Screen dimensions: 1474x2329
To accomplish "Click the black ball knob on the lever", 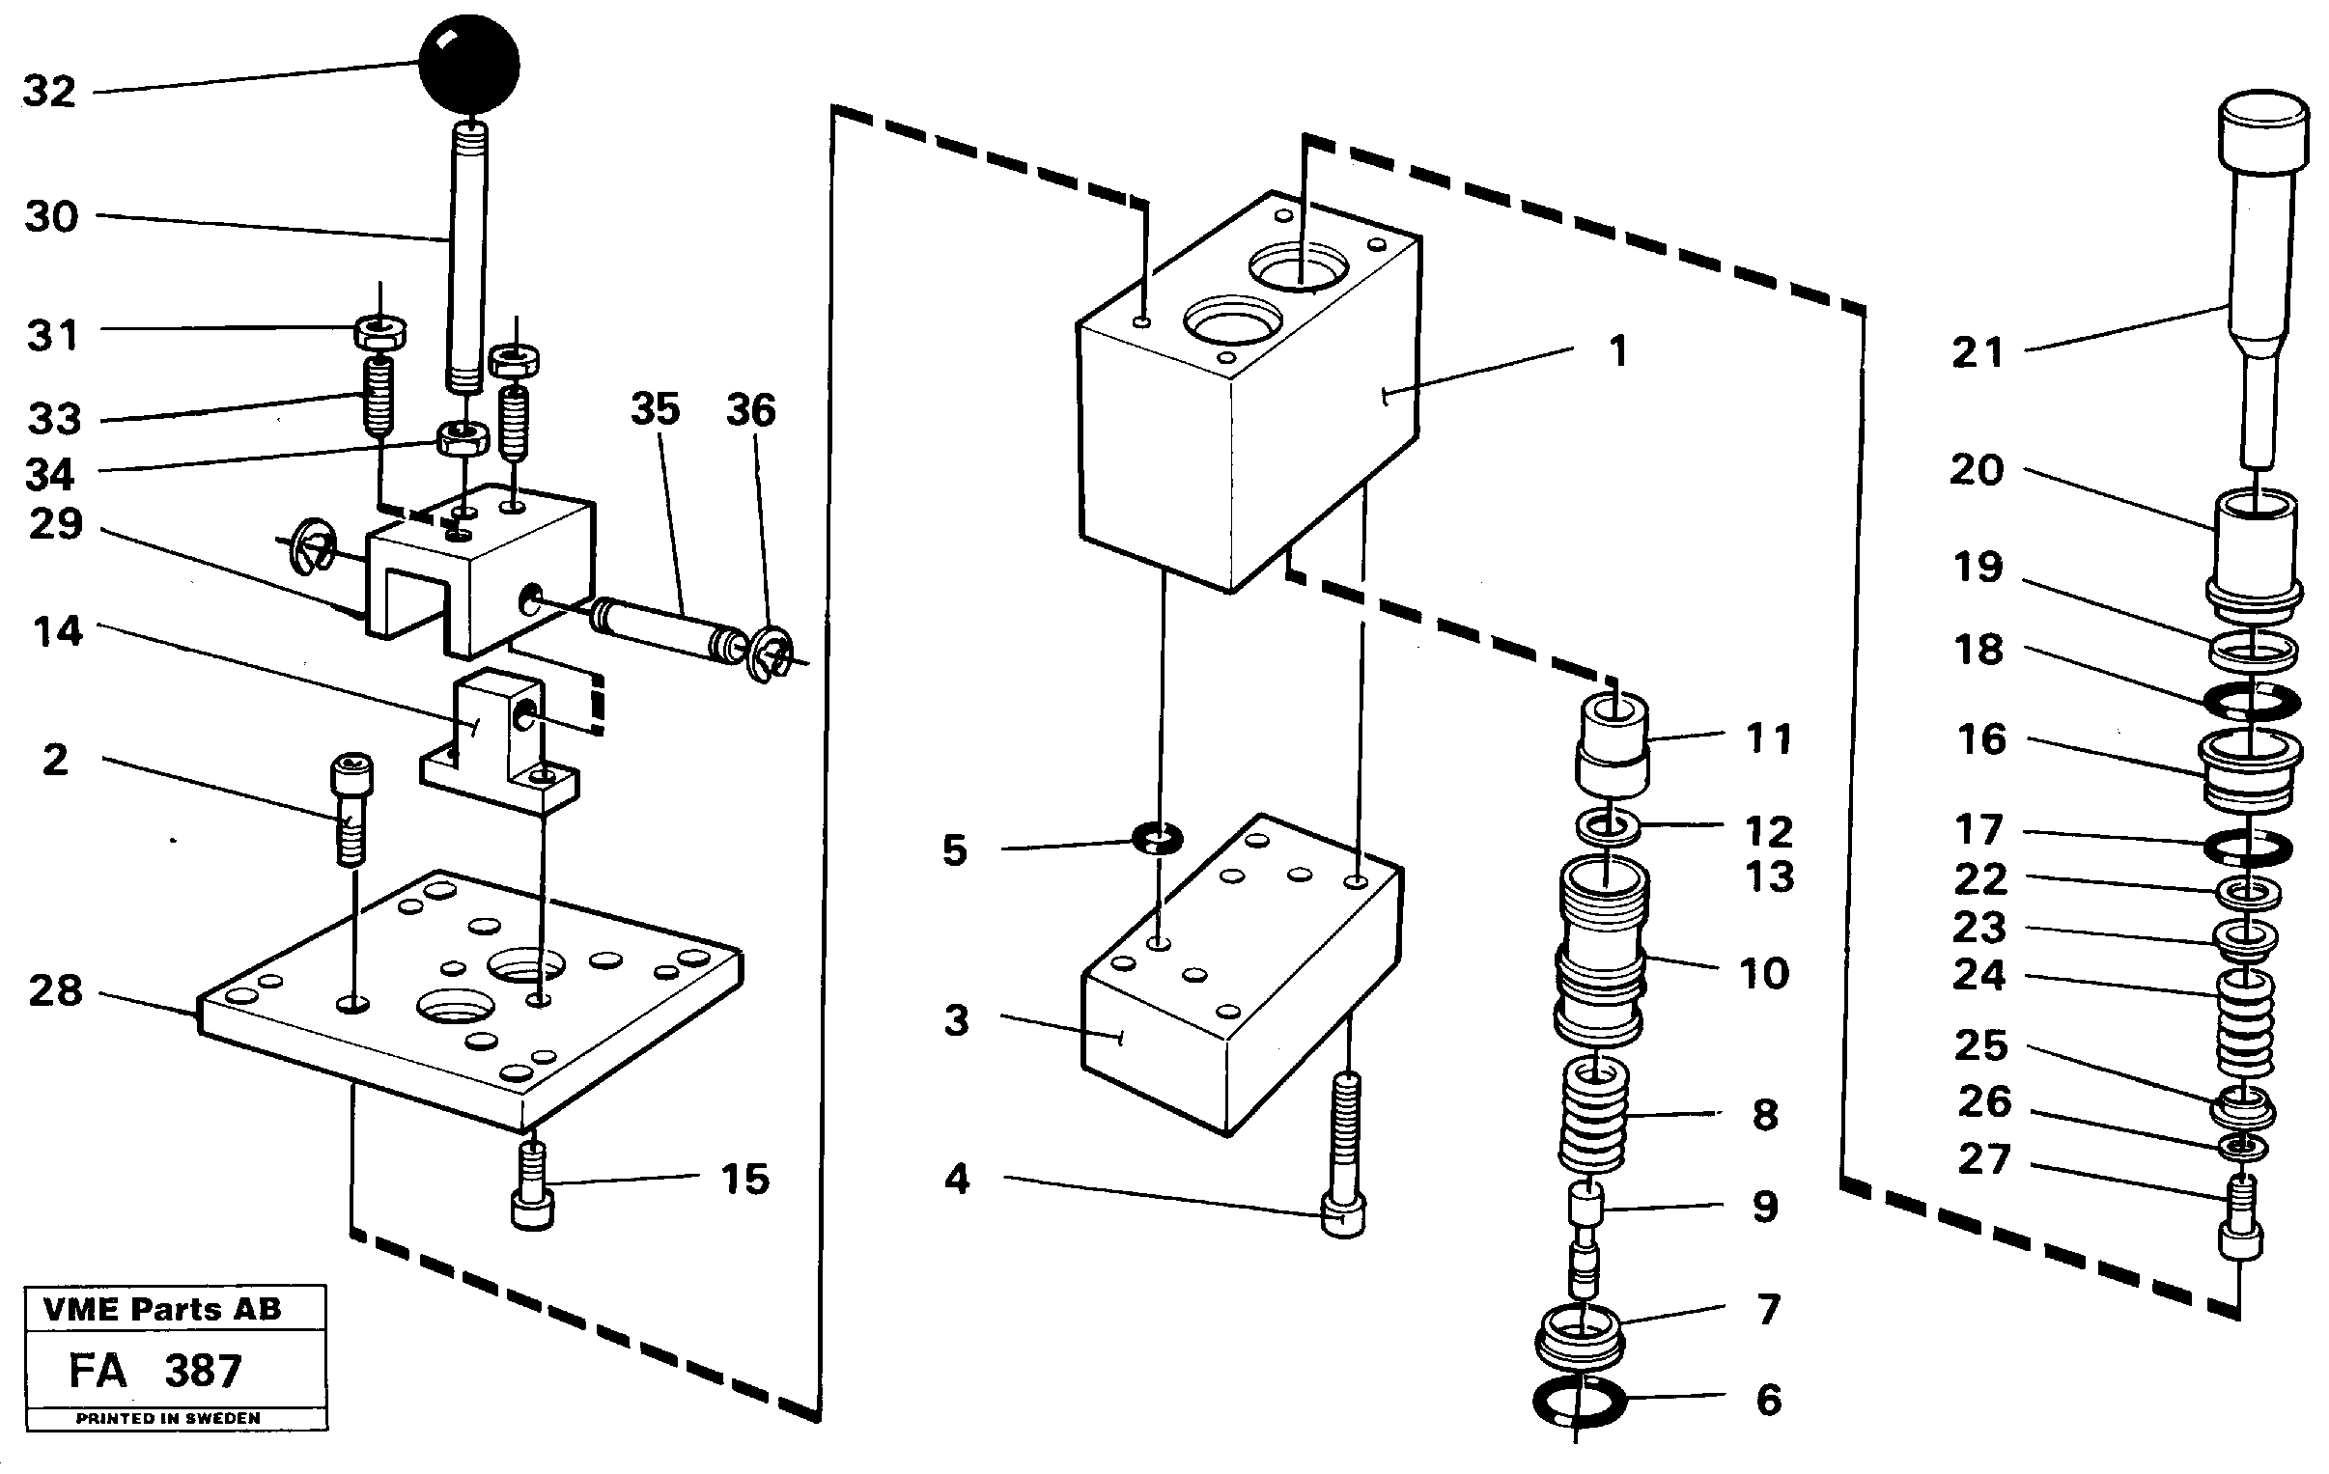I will (469, 65).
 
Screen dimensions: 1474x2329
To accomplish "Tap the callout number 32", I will (49, 92).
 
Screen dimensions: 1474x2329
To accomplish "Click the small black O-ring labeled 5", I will (1158, 839).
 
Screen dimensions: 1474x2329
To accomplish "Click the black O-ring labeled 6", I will (1580, 1402).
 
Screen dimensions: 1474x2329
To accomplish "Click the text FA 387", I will (154, 1371).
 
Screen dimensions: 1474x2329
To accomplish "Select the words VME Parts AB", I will (162, 1310).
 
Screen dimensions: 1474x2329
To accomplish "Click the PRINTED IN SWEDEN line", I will (168, 1419).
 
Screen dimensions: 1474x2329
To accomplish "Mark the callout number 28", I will (55, 991).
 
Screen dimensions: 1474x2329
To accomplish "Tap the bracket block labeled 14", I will (499, 740).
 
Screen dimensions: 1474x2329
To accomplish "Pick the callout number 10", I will (1764, 973).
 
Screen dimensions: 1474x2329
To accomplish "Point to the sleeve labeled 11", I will (1613, 743).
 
